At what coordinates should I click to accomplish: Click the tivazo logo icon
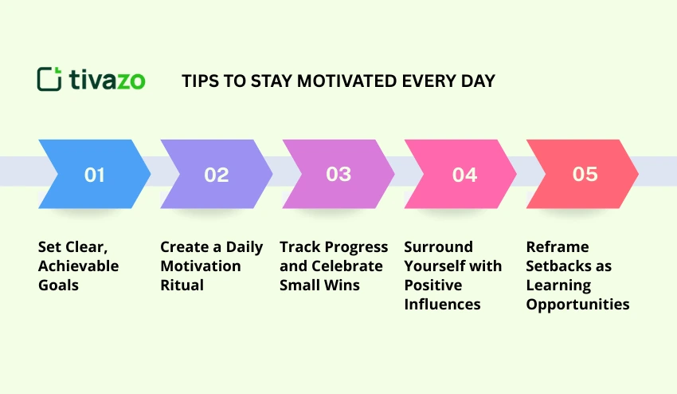pyautogui.click(x=49, y=79)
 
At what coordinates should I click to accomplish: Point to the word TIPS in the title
pyautogui.click(x=199, y=81)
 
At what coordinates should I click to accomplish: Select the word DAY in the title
pyautogui.click(x=478, y=81)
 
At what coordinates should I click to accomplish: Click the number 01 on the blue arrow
pyautogui.click(x=95, y=175)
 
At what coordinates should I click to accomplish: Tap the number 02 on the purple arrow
pyautogui.click(x=217, y=175)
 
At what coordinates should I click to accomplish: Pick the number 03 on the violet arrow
pyautogui.click(x=338, y=175)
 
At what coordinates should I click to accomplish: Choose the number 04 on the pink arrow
pyautogui.click(x=464, y=175)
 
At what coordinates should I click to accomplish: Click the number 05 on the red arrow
pyautogui.click(x=585, y=175)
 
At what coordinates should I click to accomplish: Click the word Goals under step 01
pyautogui.click(x=58, y=286)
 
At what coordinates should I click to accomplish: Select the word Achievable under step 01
pyautogui.click(x=78, y=266)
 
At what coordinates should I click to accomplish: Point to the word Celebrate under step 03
pyautogui.click(x=348, y=266)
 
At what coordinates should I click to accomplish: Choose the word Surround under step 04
pyautogui.click(x=438, y=247)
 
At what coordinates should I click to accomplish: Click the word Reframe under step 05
pyautogui.click(x=558, y=247)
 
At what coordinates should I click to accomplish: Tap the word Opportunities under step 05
pyautogui.click(x=577, y=305)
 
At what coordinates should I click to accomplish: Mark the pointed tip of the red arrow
pyautogui.click(x=638, y=174)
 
